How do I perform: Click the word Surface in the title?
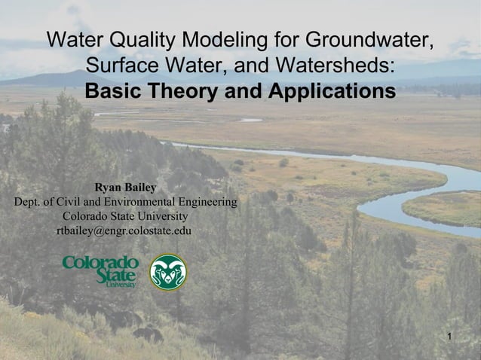(x=122, y=66)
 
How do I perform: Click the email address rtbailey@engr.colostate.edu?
(x=124, y=230)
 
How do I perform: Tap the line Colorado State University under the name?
(x=124, y=216)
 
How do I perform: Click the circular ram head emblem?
(x=168, y=273)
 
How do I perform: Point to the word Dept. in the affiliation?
(x=27, y=202)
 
